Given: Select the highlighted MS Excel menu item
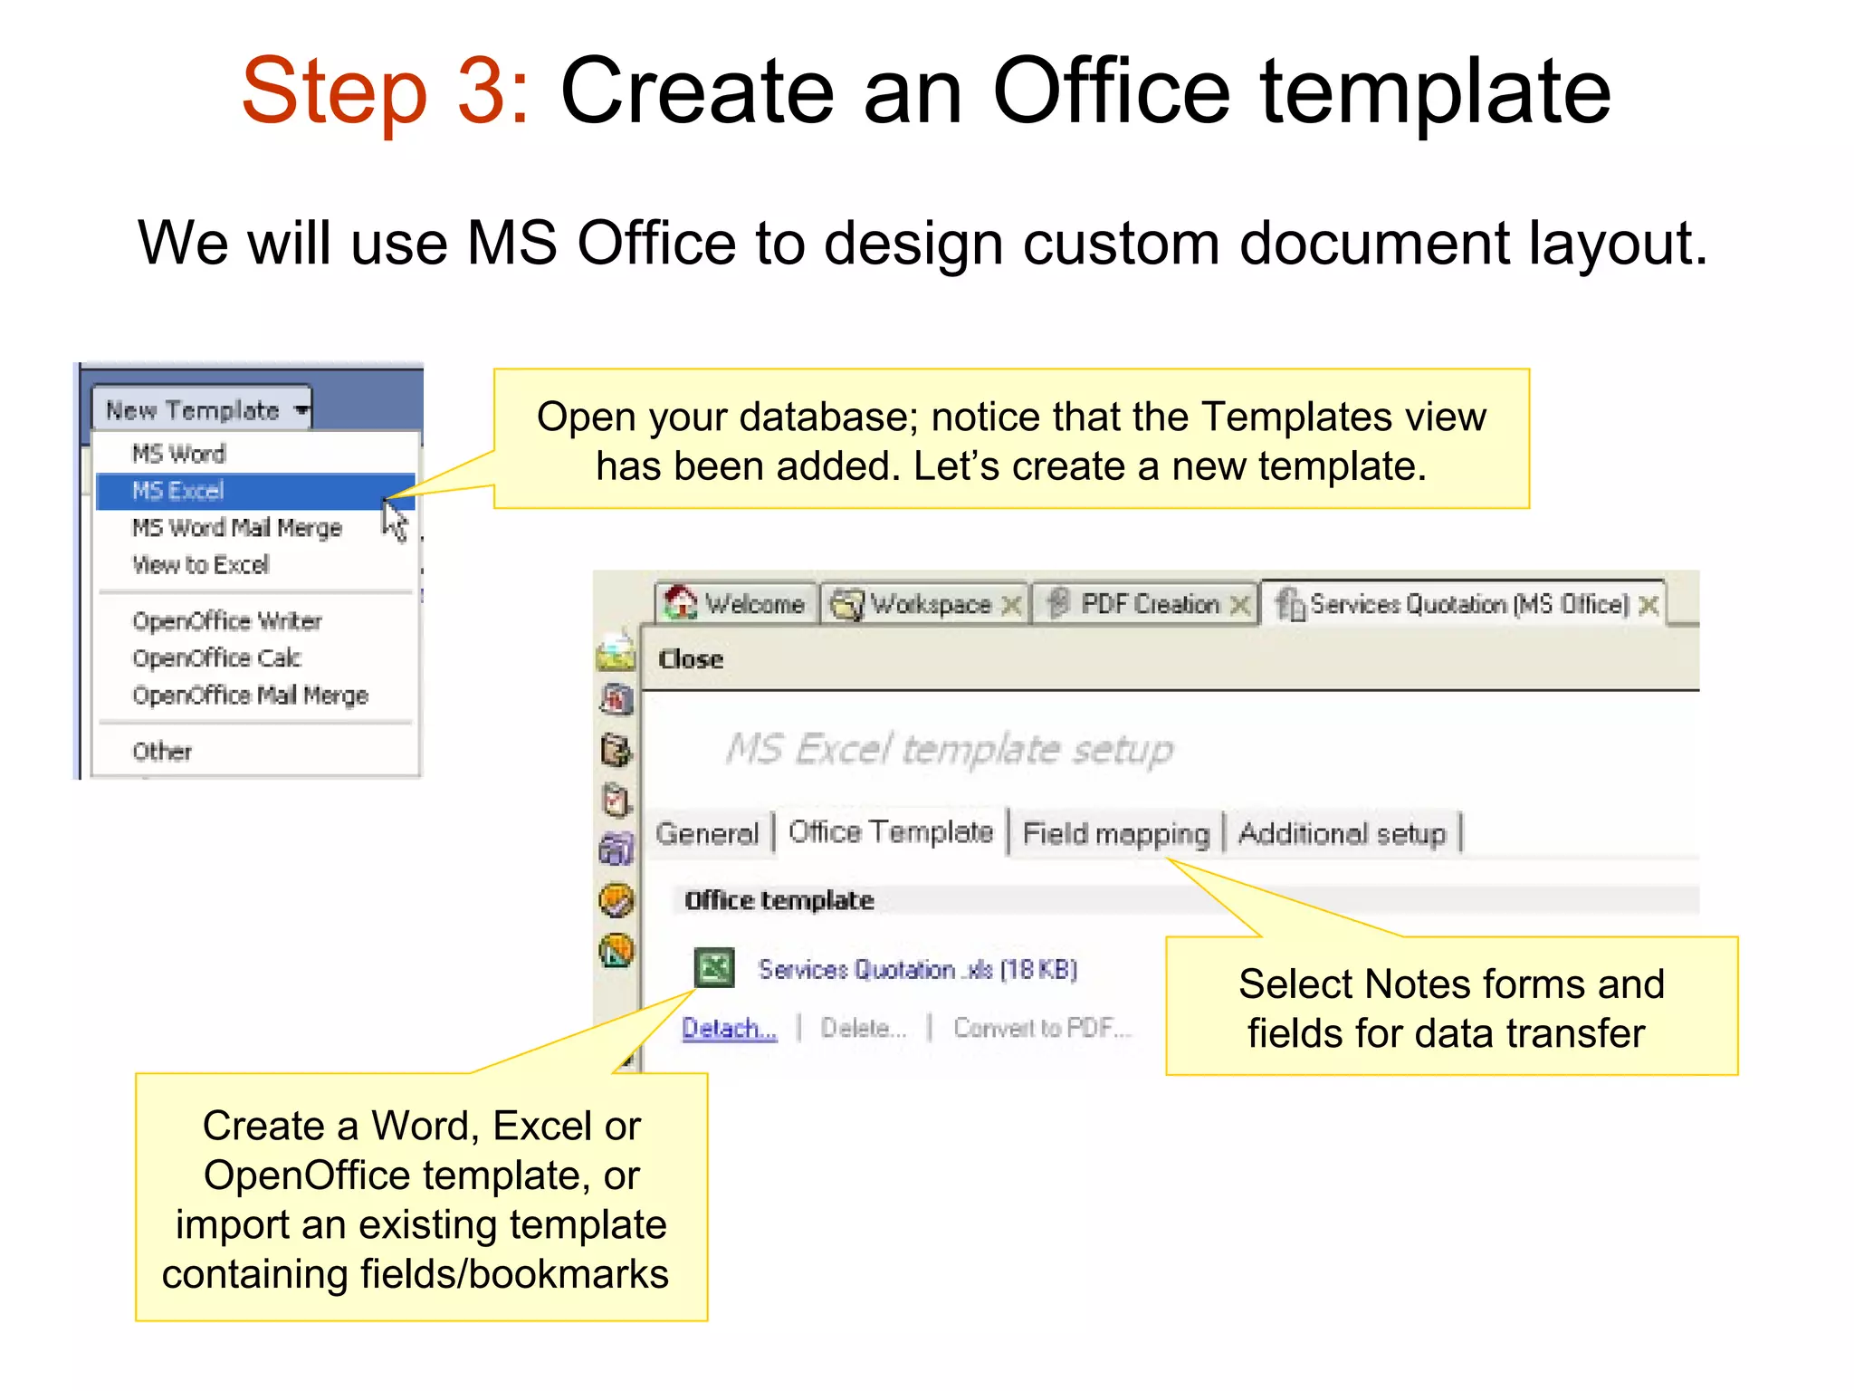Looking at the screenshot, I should click(x=178, y=491).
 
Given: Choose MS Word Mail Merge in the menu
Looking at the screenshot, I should click(x=237, y=527).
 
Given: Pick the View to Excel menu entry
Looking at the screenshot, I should click(x=201, y=564).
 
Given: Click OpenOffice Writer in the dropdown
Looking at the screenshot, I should click(x=227, y=620).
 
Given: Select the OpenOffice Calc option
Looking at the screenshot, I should click(x=217, y=657).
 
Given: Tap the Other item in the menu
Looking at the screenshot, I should click(x=163, y=751).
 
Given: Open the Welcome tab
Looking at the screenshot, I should click(x=736, y=603).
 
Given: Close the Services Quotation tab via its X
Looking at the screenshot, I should click(x=1649, y=604).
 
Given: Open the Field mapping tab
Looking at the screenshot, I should click(x=1115, y=832).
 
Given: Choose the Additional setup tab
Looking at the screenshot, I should click(x=1342, y=832).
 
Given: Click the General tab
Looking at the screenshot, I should click(x=707, y=832).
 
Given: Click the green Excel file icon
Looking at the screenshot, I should click(x=714, y=967).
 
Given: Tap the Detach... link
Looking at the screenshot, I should click(x=729, y=1028).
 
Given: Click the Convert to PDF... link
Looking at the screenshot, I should click(x=1042, y=1028).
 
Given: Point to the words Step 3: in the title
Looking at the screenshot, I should click(x=386, y=91).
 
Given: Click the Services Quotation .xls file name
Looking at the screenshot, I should click(x=917, y=969).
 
